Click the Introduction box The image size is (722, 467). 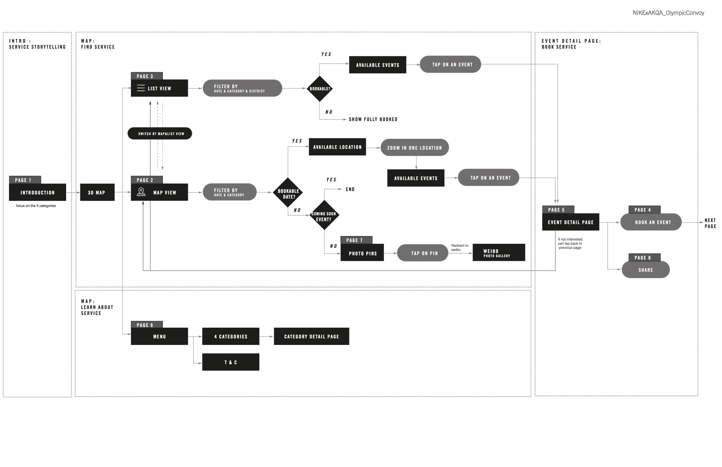click(38, 192)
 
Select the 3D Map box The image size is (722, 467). click(97, 192)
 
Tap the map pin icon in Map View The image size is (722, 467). click(141, 192)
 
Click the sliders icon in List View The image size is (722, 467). click(141, 88)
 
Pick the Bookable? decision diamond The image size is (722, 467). click(320, 88)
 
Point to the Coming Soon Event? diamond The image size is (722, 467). click(324, 215)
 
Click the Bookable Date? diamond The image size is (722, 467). click(288, 192)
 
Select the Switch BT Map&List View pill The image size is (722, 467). click(160, 134)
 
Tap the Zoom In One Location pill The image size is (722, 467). click(414, 147)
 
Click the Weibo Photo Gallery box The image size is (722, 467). click(499, 252)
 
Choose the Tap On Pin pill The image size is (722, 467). click(422, 253)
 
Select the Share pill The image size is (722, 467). click(646, 270)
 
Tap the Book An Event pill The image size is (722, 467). click(651, 222)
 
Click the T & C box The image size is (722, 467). click(230, 362)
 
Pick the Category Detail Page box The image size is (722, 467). click(311, 336)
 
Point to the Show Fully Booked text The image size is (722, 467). click(373, 119)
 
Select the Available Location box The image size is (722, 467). click(337, 147)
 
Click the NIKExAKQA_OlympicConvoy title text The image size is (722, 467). click(668, 13)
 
